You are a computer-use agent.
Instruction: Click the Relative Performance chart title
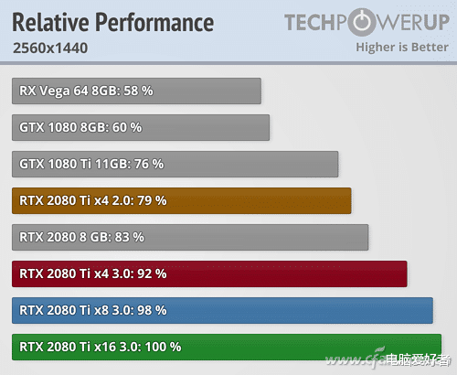click(x=113, y=22)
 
